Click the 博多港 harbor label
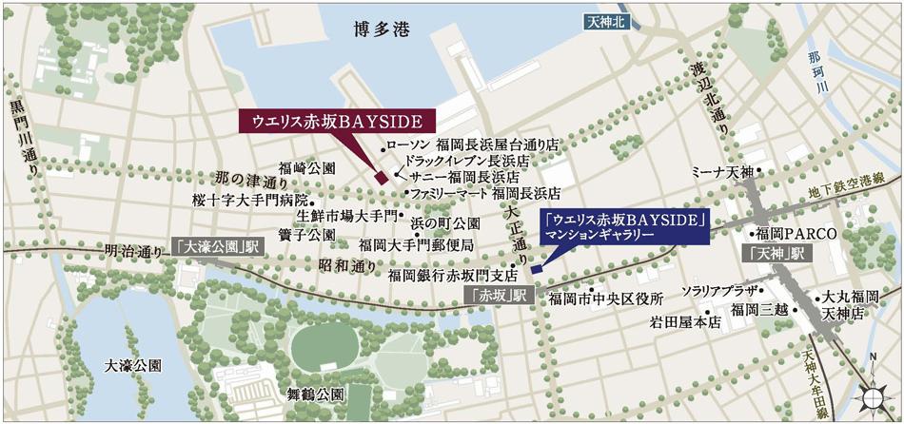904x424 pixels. [379, 32]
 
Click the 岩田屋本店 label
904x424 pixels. [680, 323]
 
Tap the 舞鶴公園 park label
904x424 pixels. [314, 393]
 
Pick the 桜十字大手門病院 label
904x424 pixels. [250, 201]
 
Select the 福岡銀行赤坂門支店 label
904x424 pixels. [445, 275]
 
